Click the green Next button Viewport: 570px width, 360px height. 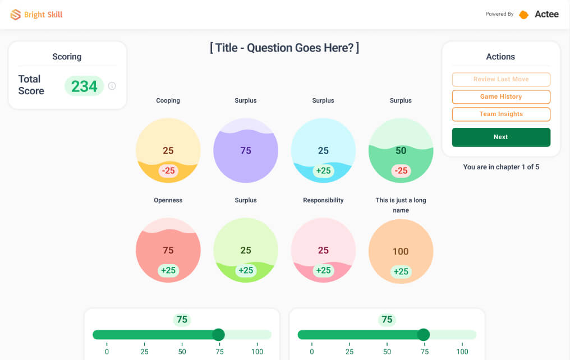point(501,137)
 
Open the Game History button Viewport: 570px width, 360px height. point(501,96)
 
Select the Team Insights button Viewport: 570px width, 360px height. point(501,114)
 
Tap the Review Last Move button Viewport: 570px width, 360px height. point(501,79)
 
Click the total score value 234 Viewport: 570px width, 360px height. point(84,86)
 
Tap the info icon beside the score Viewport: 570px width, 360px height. point(112,86)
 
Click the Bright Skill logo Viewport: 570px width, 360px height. point(36,15)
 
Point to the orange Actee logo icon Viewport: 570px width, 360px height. point(523,15)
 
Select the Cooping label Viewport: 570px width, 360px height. point(168,100)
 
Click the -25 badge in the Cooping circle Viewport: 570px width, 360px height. point(168,170)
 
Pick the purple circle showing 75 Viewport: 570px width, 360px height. point(246,150)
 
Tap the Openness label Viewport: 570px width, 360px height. point(168,200)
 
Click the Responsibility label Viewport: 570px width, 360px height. point(323,200)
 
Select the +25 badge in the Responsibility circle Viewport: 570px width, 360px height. point(323,270)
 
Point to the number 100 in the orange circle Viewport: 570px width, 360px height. point(401,251)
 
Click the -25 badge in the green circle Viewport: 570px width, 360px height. point(401,170)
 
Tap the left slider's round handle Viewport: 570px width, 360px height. point(218,335)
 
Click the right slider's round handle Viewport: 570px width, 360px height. point(424,335)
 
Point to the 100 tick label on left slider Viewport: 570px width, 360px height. point(258,352)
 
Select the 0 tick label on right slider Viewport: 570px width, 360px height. point(311,352)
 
